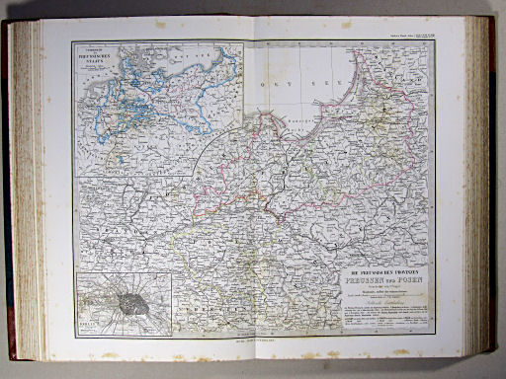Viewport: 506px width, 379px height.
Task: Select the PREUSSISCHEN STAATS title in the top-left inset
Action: (98, 58)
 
